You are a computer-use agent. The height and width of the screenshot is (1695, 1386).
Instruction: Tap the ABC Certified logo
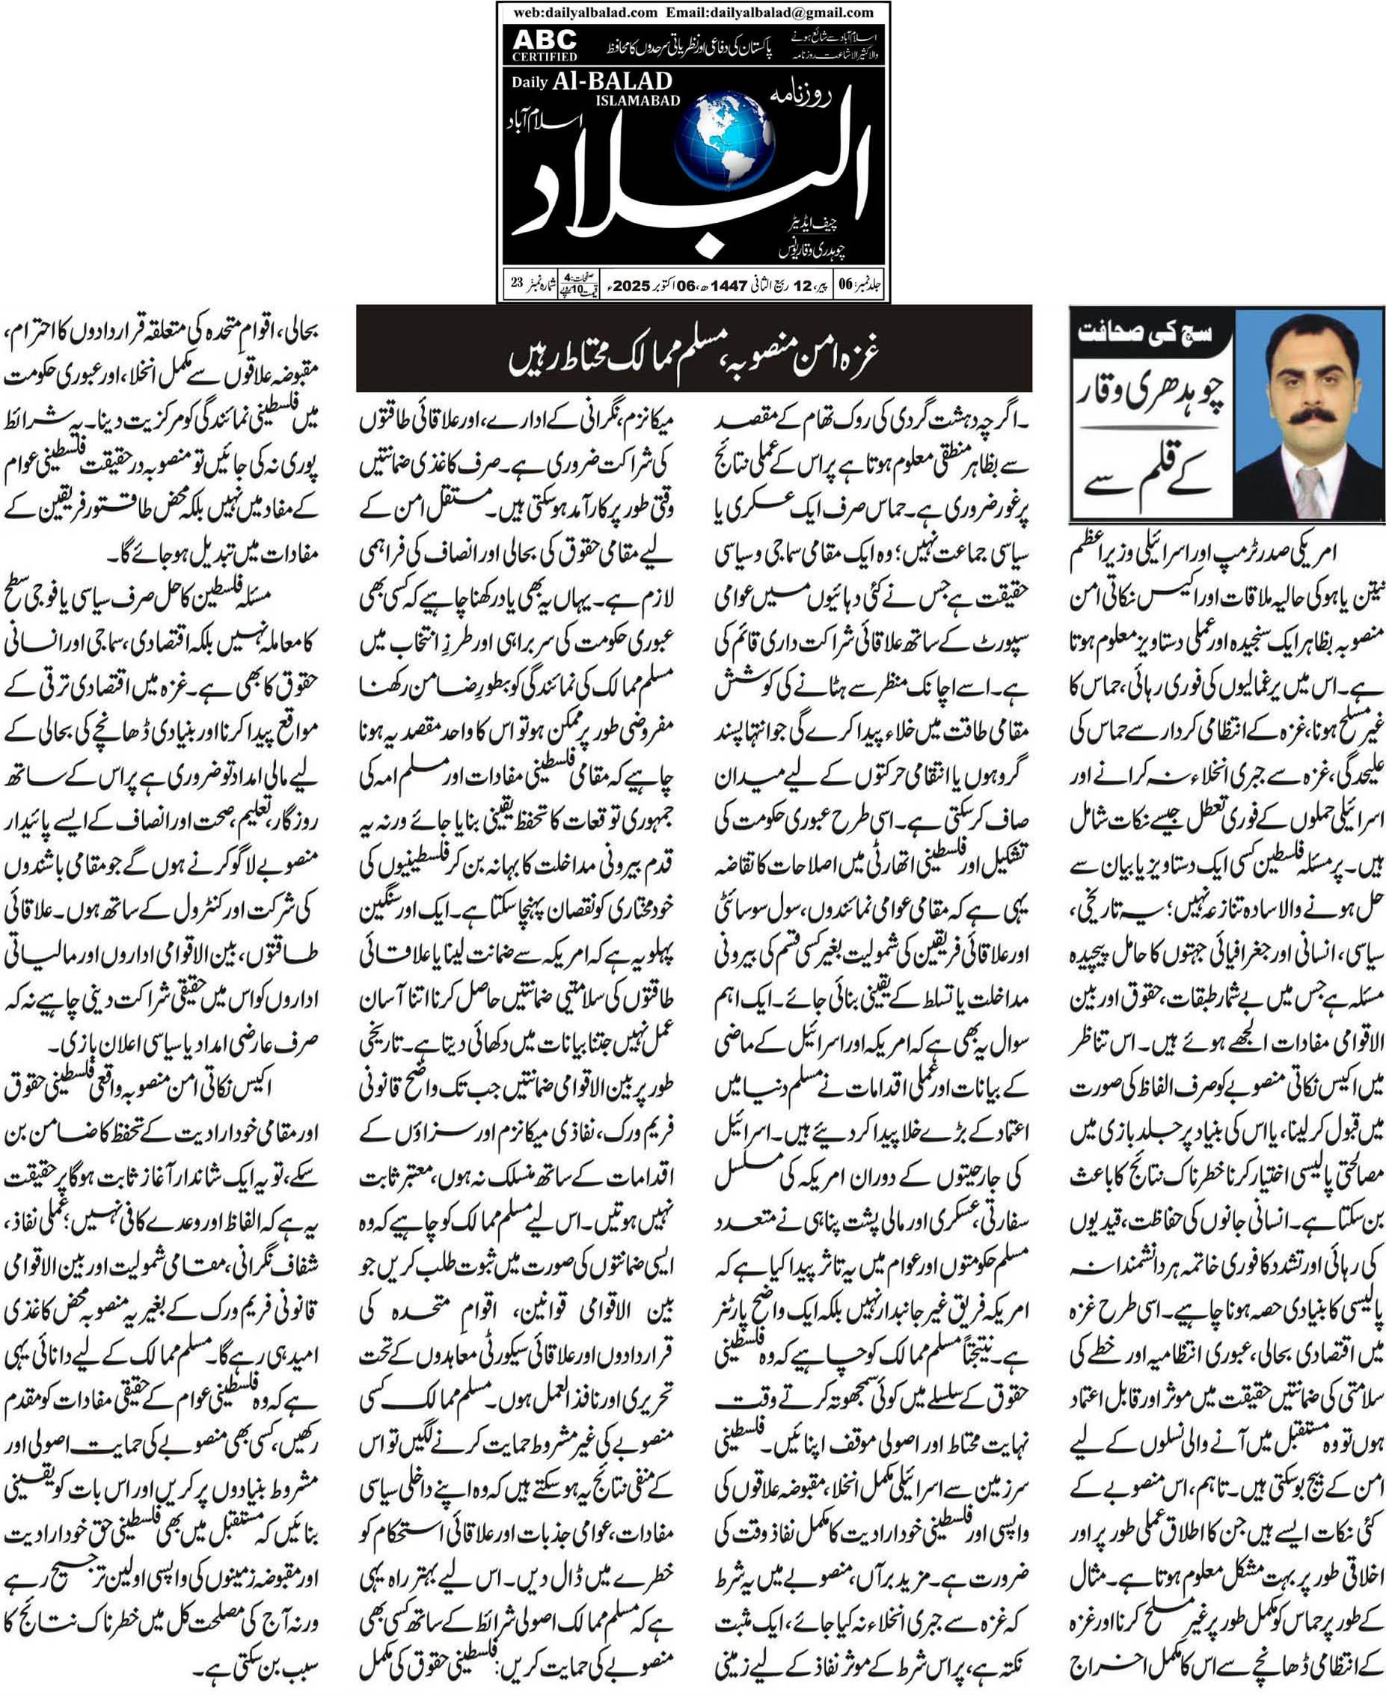(x=545, y=45)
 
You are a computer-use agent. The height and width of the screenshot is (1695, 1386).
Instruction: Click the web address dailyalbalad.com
(x=585, y=12)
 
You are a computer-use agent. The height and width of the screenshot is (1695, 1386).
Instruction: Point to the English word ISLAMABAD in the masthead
(x=637, y=100)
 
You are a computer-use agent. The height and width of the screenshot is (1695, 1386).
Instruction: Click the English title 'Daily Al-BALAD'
(x=592, y=82)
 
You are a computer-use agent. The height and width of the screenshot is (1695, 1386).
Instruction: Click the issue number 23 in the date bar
(x=517, y=283)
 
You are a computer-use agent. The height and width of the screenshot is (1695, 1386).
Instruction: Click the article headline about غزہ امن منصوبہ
(x=693, y=349)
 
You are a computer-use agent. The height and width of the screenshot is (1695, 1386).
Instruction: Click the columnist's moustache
(x=1308, y=417)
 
